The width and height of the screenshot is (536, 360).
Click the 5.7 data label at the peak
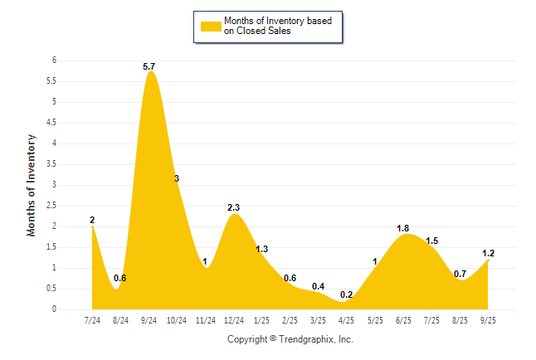coord(149,65)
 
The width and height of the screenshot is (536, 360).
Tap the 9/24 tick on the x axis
coord(149,319)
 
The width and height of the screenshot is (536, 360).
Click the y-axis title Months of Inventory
coord(32,185)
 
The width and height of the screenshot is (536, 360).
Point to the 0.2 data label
coord(347,294)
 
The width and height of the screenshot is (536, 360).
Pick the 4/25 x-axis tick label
coord(347,319)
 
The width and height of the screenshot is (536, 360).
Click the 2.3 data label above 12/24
coord(234,207)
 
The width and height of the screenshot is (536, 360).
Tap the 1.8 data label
coord(403,228)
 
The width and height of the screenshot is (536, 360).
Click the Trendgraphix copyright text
coord(290,339)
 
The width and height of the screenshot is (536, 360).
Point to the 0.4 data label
coord(318,286)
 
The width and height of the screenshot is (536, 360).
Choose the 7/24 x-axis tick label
coord(92,319)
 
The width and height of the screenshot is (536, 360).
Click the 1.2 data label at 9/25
coord(489,253)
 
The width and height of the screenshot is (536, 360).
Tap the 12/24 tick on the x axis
coord(234,319)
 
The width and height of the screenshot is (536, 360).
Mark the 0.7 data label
coord(460,274)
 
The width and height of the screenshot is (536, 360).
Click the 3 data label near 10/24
coord(177,178)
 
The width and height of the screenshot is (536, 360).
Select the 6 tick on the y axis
coord(54,61)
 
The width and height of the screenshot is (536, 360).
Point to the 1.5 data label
coord(431,241)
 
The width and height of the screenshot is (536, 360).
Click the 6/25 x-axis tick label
coord(403,319)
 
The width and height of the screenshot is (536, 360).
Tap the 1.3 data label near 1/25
coord(261,249)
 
